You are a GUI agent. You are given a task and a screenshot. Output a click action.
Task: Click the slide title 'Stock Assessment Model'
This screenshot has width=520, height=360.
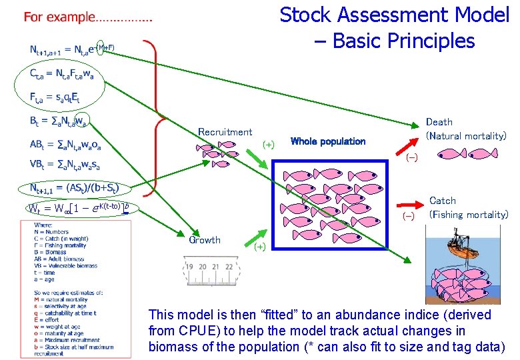tap(394, 15)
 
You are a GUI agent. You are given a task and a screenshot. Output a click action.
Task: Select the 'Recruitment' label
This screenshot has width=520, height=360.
tap(225, 132)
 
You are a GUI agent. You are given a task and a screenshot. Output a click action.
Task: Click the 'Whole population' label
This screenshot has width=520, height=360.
tap(328, 141)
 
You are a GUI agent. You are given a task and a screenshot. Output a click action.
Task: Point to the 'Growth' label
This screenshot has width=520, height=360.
tap(205, 240)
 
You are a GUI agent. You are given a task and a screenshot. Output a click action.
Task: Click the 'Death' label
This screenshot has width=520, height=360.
tap(439, 122)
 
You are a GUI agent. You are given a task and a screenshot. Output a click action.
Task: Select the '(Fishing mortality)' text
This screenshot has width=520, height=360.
tap(469, 215)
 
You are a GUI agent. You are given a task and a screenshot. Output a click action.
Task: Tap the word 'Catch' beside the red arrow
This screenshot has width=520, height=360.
tap(443, 201)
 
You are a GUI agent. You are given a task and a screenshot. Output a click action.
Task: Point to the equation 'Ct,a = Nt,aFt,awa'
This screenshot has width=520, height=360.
tap(61, 74)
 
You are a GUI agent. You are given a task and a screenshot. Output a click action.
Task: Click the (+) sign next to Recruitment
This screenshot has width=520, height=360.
tap(268, 144)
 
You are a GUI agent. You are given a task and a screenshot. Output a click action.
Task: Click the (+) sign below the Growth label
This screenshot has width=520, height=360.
tap(259, 247)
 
